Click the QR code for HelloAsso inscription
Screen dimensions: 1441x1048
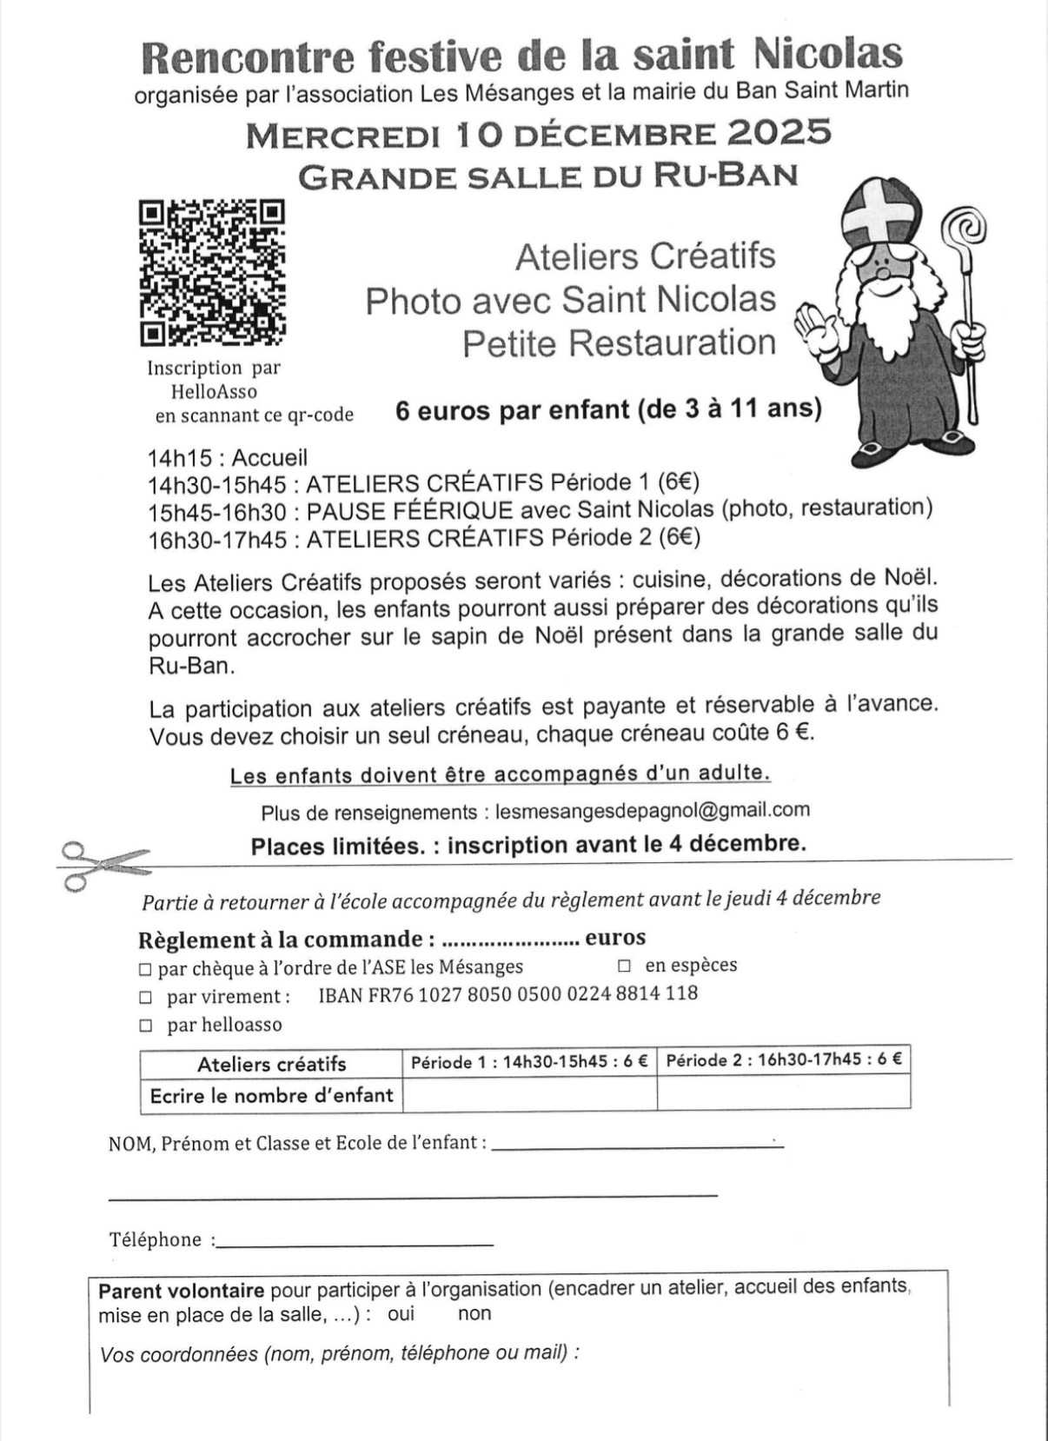(212, 272)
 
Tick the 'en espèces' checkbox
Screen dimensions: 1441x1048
(624, 966)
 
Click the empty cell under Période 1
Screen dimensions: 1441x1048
(529, 1093)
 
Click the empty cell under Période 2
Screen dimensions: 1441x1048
(783, 1093)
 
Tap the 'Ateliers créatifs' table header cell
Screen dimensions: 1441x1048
(271, 1064)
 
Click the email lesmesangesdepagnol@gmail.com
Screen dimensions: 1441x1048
(652, 810)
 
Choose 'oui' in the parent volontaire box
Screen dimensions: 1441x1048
(401, 1313)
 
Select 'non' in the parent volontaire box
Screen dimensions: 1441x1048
(474, 1313)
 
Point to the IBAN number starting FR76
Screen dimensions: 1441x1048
(507, 993)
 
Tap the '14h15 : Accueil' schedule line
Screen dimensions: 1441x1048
(227, 457)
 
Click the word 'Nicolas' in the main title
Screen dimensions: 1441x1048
(827, 54)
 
